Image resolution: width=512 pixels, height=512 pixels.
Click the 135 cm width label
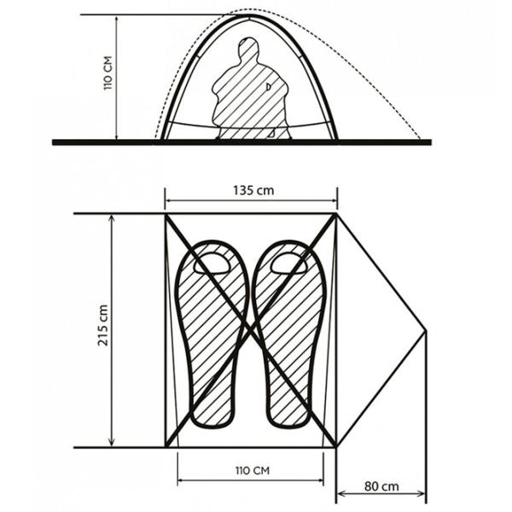253,190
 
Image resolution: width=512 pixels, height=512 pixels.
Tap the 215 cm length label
103,325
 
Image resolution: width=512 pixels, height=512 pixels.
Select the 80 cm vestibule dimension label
381,486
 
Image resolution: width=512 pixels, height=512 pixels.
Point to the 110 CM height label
108,73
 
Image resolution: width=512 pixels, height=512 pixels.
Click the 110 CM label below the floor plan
253,470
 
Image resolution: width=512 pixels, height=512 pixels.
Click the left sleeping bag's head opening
212,263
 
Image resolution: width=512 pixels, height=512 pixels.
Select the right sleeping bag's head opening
289,263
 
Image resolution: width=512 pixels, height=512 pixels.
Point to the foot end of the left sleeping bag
212,415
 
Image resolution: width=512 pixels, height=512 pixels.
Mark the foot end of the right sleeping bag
288,415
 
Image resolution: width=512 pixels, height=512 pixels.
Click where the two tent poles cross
251,329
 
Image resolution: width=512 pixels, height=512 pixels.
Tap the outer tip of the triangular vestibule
426,330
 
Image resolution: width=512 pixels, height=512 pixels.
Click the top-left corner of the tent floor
166,214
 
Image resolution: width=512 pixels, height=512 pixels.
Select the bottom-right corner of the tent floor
336,446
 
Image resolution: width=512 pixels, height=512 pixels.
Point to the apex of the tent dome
249,15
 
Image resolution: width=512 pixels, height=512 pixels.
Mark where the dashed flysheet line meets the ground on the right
421,139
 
